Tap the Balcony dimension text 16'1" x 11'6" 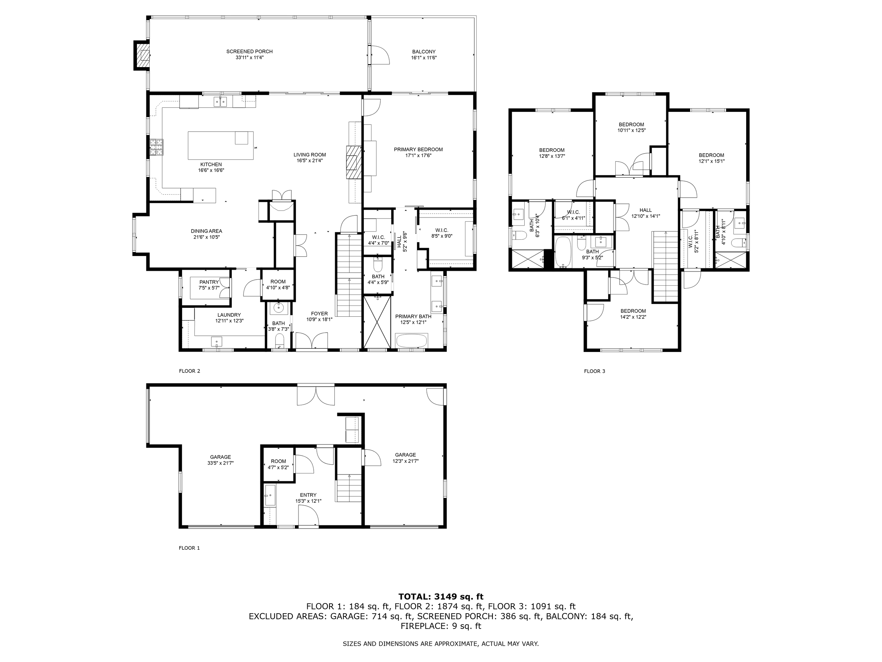(423, 58)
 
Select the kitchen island (220, 145)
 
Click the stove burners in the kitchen (156, 147)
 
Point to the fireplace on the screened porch (141, 55)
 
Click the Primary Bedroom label (418, 150)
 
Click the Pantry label (209, 282)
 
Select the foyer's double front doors (312, 341)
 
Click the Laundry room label (229, 315)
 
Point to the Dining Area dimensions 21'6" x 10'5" (206, 237)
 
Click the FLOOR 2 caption (189, 371)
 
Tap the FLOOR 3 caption (594, 371)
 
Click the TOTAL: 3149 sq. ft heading (441, 597)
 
